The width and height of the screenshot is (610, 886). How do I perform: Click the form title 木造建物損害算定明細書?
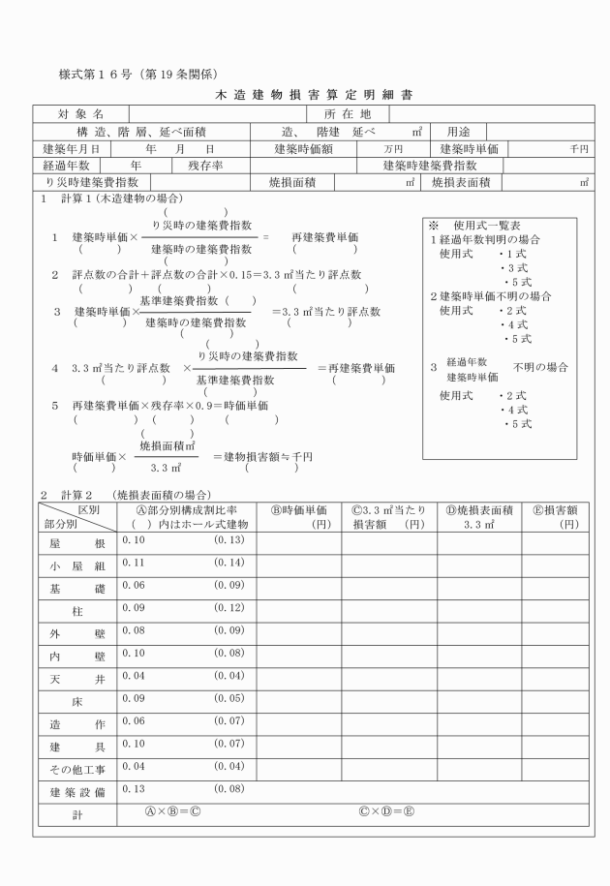pyautogui.click(x=305, y=96)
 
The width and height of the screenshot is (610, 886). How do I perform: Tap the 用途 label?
pyautogui.click(x=459, y=132)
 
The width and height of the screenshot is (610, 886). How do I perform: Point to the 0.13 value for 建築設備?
pyautogui.click(x=133, y=788)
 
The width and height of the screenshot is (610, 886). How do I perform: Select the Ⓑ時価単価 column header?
pyautogui.click(x=297, y=509)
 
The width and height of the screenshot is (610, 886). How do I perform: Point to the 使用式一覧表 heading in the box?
pyautogui.click(x=484, y=226)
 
